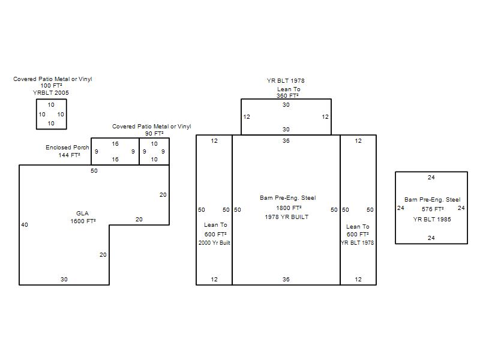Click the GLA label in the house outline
pyautogui.click(x=82, y=214)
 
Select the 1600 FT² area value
pyautogui.click(x=83, y=221)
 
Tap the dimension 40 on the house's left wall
pyautogui.click(x=25, y=224)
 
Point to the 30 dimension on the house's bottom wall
pyautogui.click(x=64, y=279)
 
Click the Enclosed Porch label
pyautogui.click(x=67, y=147)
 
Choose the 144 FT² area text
pyautogui.click(x=69, y=155)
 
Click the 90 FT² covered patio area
pyautogui.click(x=154, y=133)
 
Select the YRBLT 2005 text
pyautogui.click(x=51, y=93)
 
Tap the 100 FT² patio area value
pyautogui.click(x=51, y=85)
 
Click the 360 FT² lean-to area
pyautogui.click(x=287, y=95)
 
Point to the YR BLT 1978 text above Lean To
pyautogui.click(x=286, y=81)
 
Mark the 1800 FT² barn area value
pyautogui.click(x=289, y=208)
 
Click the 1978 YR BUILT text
pyautogui.click(x=287, y=217)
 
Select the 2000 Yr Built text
pyautogui.click(x=214, y=243)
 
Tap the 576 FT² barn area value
pyautogui.click(x=433, y=209)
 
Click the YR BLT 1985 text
pyautogui.click(x=432, y=219)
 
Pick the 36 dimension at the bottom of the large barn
pyautogui.click(x=286, y=279)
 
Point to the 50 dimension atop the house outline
pyautogui.click(x=94, y=170)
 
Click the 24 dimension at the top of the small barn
pyautogui.click(x=431, y=177)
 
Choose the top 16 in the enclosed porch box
pyautogui.click(x=115, y=143)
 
